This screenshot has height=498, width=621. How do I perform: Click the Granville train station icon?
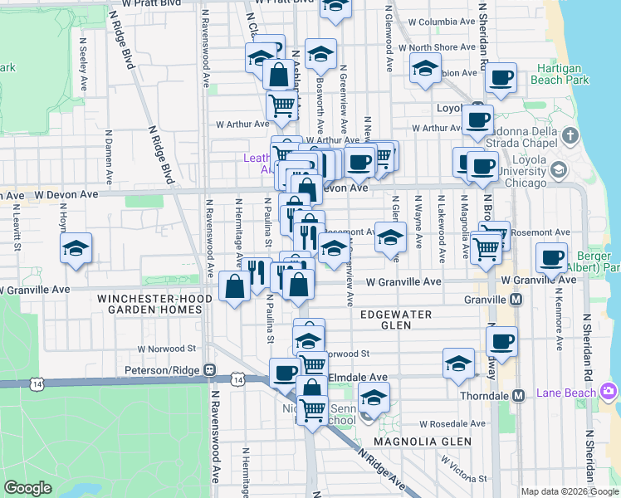pyautogui.click(x=516, y=299)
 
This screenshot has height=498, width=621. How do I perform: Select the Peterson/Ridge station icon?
pyautogui.click(x=210, y=370)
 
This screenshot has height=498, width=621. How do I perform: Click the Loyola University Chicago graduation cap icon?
pyautogui.click(x=558, y=170)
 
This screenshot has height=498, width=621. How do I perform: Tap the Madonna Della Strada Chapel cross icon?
pyautogui.click(x=570, y=135)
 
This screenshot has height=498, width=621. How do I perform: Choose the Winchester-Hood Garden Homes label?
pyautogui.click(x=149, y=304)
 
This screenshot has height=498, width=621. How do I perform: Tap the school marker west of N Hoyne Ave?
pyautogui.click(x=76, y=247)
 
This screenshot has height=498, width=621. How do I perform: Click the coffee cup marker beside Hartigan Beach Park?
pyautogui.click(x=501, y=78)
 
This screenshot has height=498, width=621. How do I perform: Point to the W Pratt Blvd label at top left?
pyautogui.click(x=151, y=4)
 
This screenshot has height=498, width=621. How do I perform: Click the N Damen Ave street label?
pyautogui.click(x=109, y=155)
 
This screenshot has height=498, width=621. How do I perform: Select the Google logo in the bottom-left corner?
pyautogui.click(x=27, y=488)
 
